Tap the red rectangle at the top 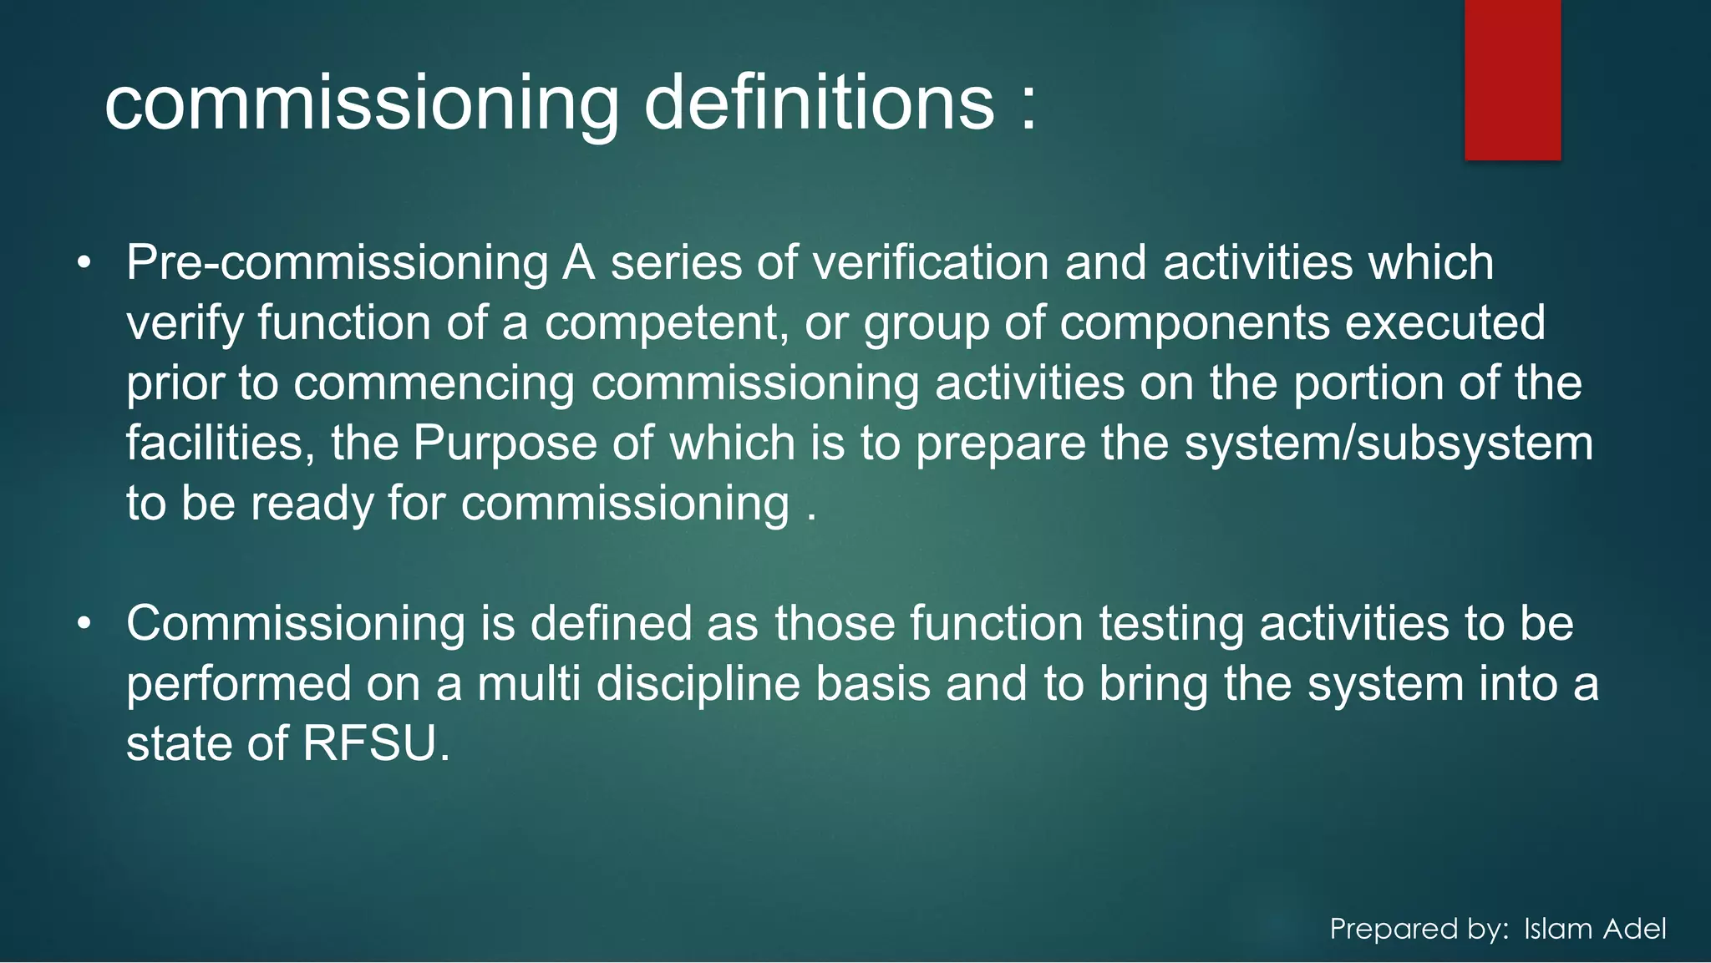(1512, 79)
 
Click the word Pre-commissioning (337, 263)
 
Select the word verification (930, 263)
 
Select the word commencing (434, 383)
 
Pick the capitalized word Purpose (505, 443)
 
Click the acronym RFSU (370, 743)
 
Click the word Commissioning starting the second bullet (296, 624)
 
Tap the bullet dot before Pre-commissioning (84, 264)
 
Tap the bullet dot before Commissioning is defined (84, 624)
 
